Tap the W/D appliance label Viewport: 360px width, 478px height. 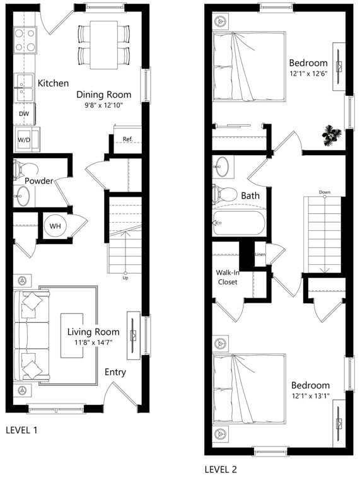point(24,139)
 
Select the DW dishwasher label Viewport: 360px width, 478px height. point(24,114)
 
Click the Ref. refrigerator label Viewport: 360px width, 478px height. point(127,139)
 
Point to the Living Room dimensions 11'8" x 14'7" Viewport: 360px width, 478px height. point(93,343)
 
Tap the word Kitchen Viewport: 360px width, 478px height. point(53,83)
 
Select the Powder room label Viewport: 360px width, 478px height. point(38,181)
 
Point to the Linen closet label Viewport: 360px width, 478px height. point(260,254)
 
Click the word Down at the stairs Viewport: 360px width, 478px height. point(325,192)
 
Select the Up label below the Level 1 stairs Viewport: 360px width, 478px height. point(125,277)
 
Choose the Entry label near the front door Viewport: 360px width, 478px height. point(115,372)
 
